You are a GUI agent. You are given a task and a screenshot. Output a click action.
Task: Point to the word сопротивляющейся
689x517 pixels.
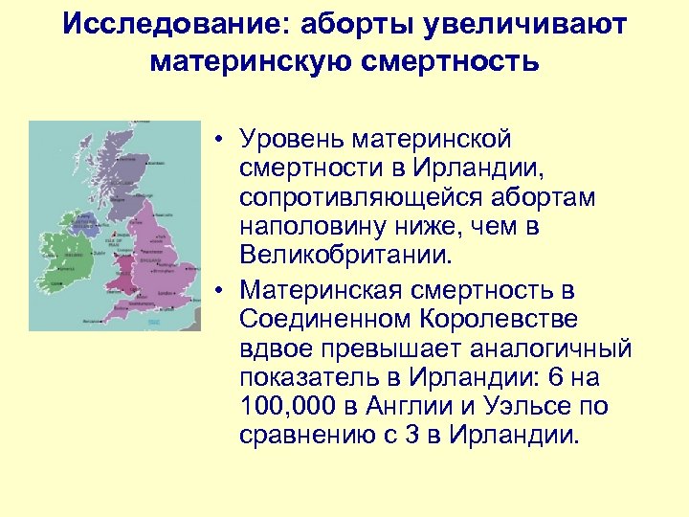[357, 200]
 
